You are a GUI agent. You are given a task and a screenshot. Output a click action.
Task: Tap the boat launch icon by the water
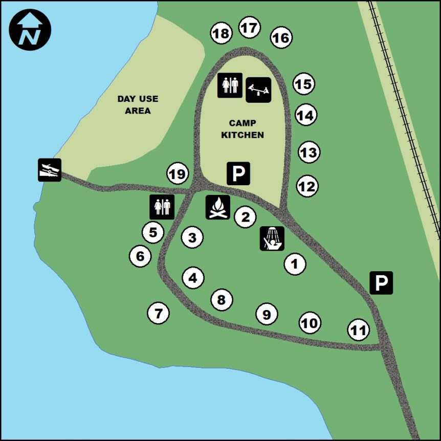pos(50,170)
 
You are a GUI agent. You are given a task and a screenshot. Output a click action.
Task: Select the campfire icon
pos(218,207)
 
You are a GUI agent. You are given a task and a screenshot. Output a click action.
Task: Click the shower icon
pos(272,238)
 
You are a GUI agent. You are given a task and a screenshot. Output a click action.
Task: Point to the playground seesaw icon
pos(258,90)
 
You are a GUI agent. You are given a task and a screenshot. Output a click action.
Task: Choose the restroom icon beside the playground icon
pos(230,85)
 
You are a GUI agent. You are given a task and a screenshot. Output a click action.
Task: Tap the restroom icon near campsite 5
pos(162,207)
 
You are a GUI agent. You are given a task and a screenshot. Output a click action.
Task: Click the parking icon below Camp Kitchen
pos(238,173)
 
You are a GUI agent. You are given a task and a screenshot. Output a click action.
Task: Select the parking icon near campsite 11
pos(381,282)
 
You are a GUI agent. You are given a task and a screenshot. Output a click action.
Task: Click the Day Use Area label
pos(138,104)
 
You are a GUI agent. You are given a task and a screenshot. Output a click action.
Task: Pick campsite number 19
pos(178,174)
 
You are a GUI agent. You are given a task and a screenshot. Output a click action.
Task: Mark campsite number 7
pos(158,313)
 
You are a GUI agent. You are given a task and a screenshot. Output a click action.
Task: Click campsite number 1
pos(295,264)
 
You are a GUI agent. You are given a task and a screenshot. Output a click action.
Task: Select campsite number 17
pos(250,28)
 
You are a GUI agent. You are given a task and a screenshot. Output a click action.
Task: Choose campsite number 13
pos(309,152)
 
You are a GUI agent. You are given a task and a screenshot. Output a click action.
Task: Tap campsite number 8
pos(222,300)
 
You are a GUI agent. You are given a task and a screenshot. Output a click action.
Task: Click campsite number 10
pos(310,323)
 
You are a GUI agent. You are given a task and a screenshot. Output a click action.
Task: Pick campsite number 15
pos(304,84)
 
